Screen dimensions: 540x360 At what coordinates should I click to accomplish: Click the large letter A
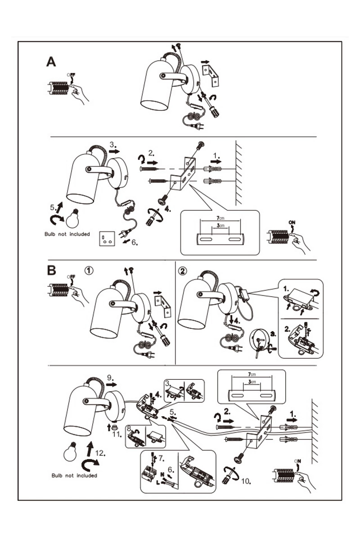[51, 62]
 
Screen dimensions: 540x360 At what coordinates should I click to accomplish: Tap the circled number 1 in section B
[89, 271]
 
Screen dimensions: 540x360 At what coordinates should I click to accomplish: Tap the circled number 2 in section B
[182, 271]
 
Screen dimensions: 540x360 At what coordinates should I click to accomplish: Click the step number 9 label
[111, 377]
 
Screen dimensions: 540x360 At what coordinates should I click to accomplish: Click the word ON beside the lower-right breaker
[297, 460]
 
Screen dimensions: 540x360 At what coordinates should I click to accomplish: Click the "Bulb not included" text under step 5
[67, 234]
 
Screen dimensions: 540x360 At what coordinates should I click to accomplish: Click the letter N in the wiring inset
[162, 473]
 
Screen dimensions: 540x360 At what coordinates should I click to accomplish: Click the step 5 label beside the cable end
[173, 411]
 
